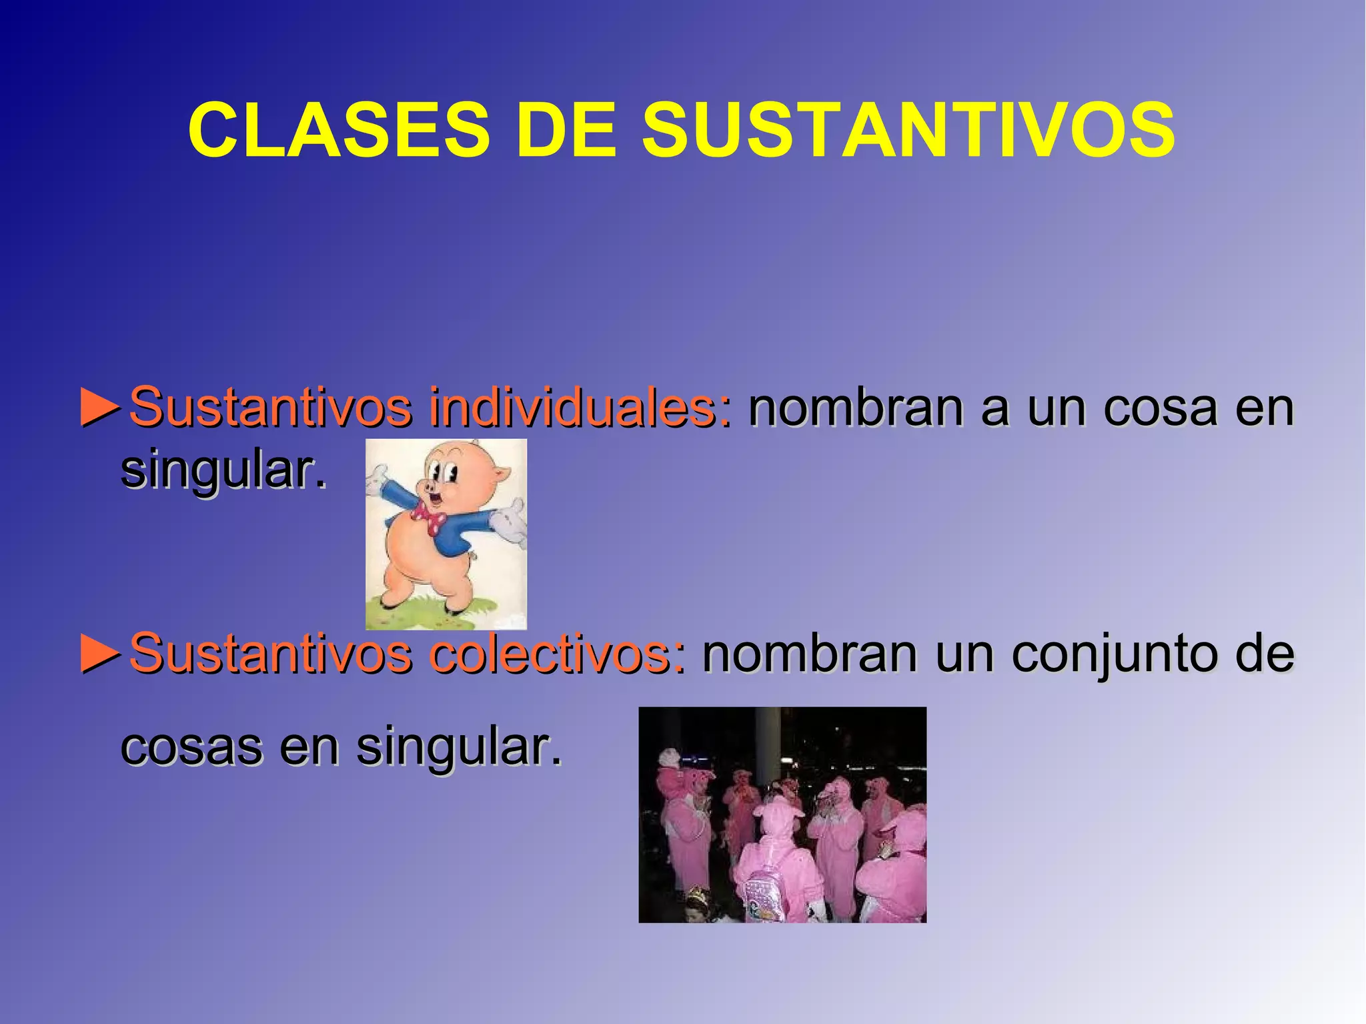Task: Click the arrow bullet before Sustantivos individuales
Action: click(x=101, y=407)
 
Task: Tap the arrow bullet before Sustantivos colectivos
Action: click(x=101, y=654)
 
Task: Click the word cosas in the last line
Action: click(x=191, y=747)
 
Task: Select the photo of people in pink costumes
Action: click(x=782, y=815)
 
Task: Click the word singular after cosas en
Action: click(x=459, y=747)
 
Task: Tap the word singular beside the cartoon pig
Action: click(x=223, y=471)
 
